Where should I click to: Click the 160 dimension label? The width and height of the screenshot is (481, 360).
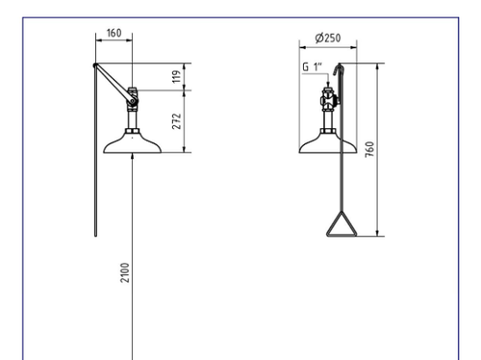(x=114, y=33)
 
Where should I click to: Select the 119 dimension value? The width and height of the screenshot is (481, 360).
(x=176, y=76)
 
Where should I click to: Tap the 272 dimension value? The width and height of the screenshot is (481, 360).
(x=176, y=121)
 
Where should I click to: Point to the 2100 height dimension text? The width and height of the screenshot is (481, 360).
(x=125, y=272)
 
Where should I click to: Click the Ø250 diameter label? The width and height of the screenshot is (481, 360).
(x=328, y=38)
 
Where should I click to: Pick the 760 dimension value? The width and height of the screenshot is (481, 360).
(x=369, y=149)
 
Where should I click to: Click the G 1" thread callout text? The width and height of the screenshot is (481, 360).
(x=312, y=67)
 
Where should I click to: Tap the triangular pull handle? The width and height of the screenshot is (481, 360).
(x=342, y=224)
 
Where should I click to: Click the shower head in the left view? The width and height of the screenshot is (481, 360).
(x=132, y=143)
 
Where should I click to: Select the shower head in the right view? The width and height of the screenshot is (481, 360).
(x=328, y=143)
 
